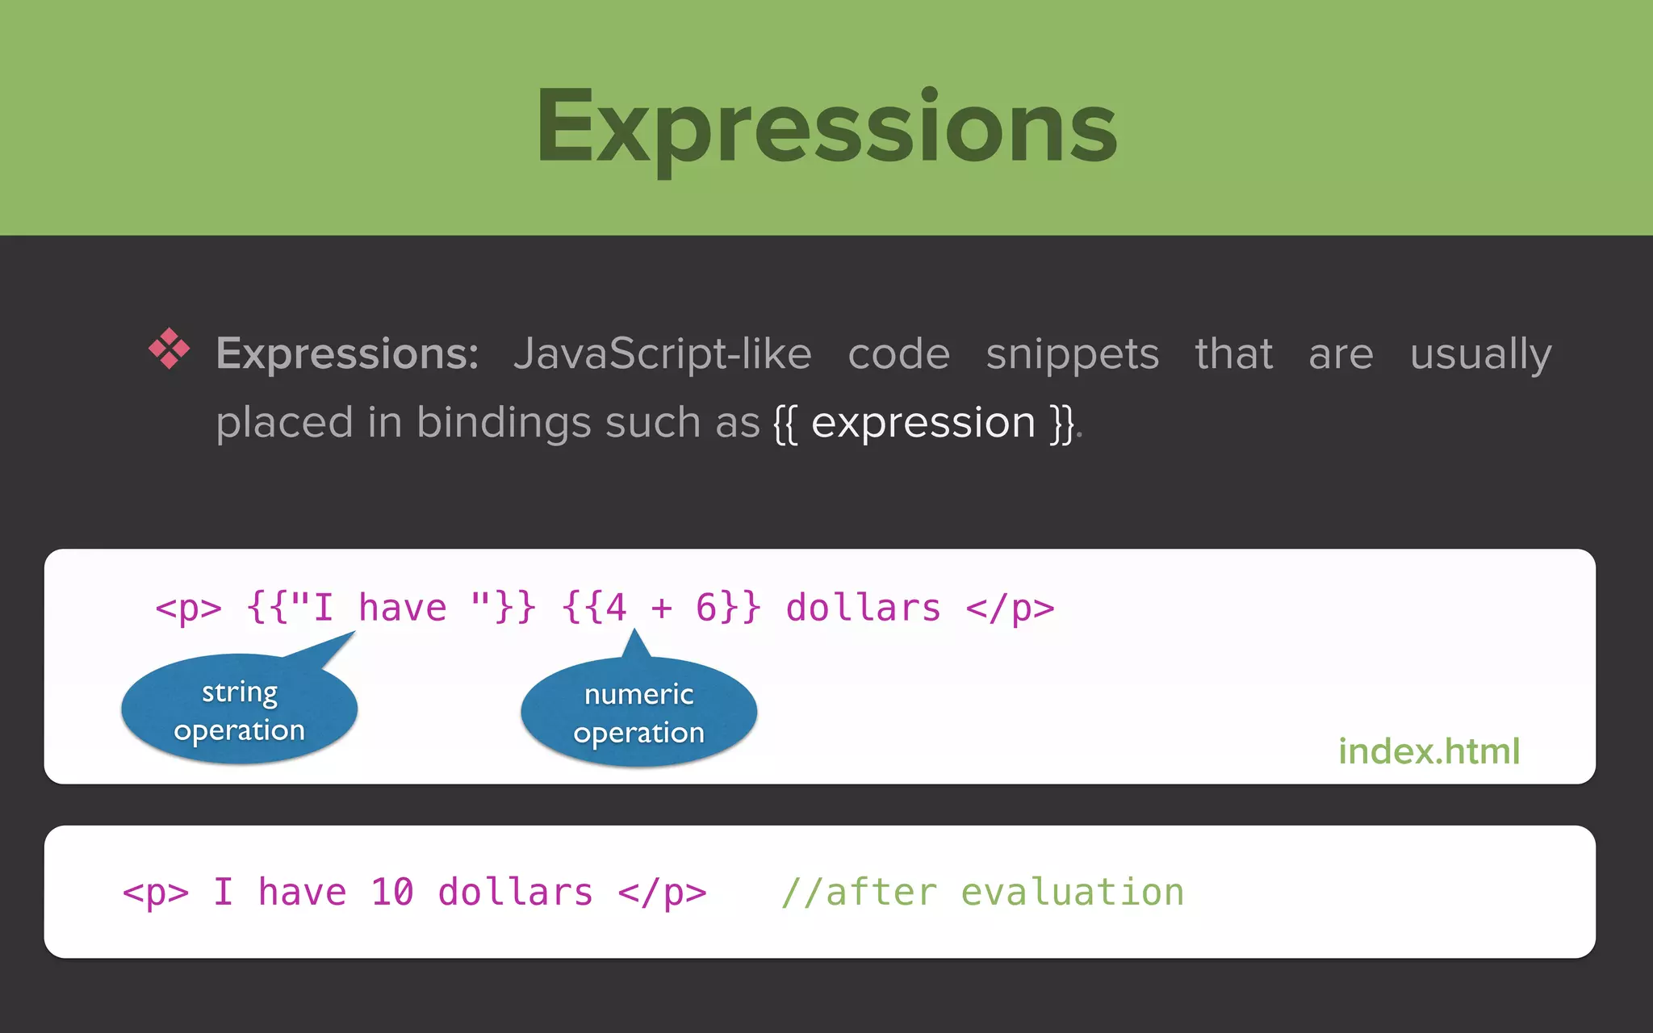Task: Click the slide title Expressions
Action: pos(826,128)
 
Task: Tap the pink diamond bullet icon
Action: pos(169,349)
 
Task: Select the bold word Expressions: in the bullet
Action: pos(347,353)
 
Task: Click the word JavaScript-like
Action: pos(662,353)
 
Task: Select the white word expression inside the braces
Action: pos(923,422)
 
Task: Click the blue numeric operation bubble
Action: pos(638,713)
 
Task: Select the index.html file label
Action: pos(1429,751)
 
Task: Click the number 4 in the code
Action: pos(616,608)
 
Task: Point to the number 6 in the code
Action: pos(706,608)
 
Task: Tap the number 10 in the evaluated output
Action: pos(392,893)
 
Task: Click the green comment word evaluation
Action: pos(1072,893)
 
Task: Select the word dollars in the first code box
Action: pos(863,608)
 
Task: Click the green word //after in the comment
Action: pos(859,893)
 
